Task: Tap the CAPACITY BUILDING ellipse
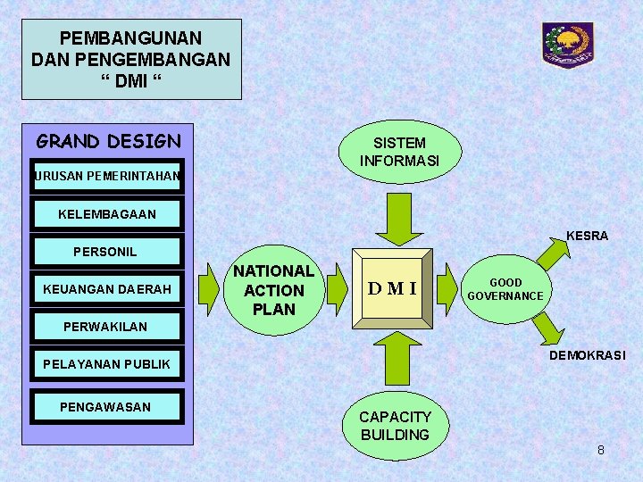click(x=395, y=426)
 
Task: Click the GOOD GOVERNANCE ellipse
click(x=505, y=289)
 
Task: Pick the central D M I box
click(x=392, y=288)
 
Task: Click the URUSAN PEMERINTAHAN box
click(x=106, y=176)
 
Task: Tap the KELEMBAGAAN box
click(x=106, y=214)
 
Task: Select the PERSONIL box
click(x=106, y=252)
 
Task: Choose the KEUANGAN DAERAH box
click(x=106, y=289)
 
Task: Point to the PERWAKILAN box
click(x=106, y=327)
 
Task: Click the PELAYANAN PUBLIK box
click(x=106, y=364)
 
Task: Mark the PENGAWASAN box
click(x=106, y=407)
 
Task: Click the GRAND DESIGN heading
click(x=108, y=141)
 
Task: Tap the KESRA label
click(x=587, y=236)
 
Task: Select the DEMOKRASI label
click(x=587, y=355)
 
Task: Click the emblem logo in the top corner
click(x=568, y=45)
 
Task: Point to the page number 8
click(x=601, y=450)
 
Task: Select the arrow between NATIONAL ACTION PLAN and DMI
click(x=336, y=289)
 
